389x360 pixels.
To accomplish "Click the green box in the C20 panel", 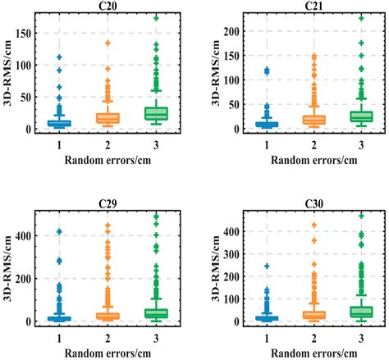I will pyautogui.click(x=156, y=113).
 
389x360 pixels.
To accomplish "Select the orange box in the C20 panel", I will pyautogui.click(x=108, y=118).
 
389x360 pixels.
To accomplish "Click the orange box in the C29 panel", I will pyautogui.click(x=108, y=316).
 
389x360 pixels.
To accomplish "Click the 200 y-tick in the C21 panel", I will pyautogui.click(x=237, y=32).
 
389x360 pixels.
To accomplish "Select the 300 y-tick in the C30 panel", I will pyautogui.click(x=237, y=255).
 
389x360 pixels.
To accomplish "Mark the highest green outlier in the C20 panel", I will pyautogui.click(x=156, y=17).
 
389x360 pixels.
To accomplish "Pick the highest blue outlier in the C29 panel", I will pyautogui.click(x=60, y=232).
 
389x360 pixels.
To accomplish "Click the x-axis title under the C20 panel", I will pyautogui.click(x=108, y=159).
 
